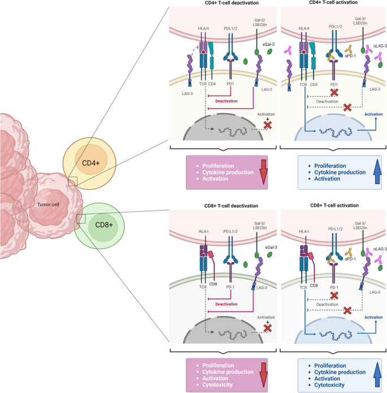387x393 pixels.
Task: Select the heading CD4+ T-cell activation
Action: (x=333, y=4)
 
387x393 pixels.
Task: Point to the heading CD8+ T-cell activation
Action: (x=333, y=206)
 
